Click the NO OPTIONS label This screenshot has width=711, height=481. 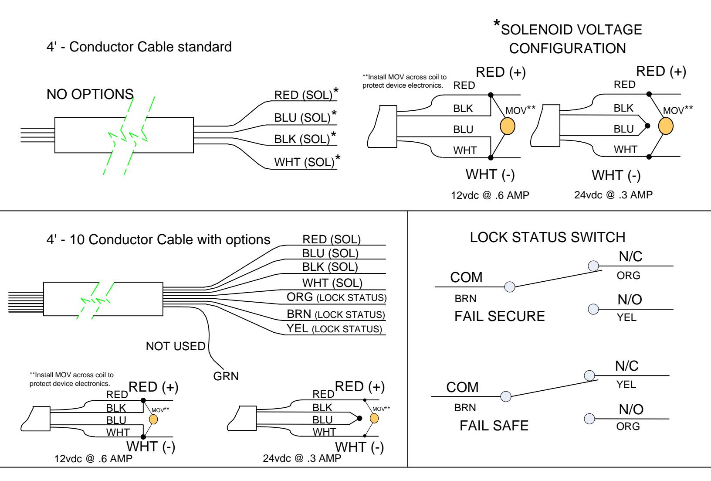pyautogui.click(x=90, y=94)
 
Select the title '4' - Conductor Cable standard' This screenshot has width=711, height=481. pyautogui.click(x=139, y=47)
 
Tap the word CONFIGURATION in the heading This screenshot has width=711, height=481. pyautogui.click(x=568, y=48)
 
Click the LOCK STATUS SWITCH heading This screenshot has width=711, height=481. pyautogui.click(x=548, y=237)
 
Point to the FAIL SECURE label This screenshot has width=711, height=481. pyautogui.click(x=500, y=316)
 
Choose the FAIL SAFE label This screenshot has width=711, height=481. pyautogui.click(x=494, y=426)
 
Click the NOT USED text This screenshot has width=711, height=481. pyautogui.click(x=176, y=346)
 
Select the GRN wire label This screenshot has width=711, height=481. pyautogui.click(x=226, y=376)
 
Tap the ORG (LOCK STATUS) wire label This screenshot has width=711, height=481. pyautogui.click(x=336, y=297)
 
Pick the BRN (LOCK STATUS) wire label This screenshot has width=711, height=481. pyautogui.click(x=336, y=314)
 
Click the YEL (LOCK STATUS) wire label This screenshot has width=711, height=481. pyautogui.click(x=334, y=328)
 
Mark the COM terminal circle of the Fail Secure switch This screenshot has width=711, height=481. pyautogui.click(x=509, y=287)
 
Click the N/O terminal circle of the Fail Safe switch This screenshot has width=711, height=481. pyautogui.click(x=589, y=419)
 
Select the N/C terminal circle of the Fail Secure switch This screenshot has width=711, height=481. pyautogui.click(x=593, y=266)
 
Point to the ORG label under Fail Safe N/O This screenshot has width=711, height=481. pyautogui.click(x=628, y=426)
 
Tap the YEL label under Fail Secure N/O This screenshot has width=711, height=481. pyautogui.click(x=626, y=317)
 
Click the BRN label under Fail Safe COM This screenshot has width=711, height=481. pyautogui.click(x=465, y=408)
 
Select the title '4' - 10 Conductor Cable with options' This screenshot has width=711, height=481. pyautogui.click(x=159, y=239)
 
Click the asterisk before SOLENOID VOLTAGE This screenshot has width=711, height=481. pyautogui.click(x=497, y=24)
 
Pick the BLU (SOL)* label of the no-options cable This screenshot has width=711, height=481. pyautogui.click(x=305, y=117)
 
